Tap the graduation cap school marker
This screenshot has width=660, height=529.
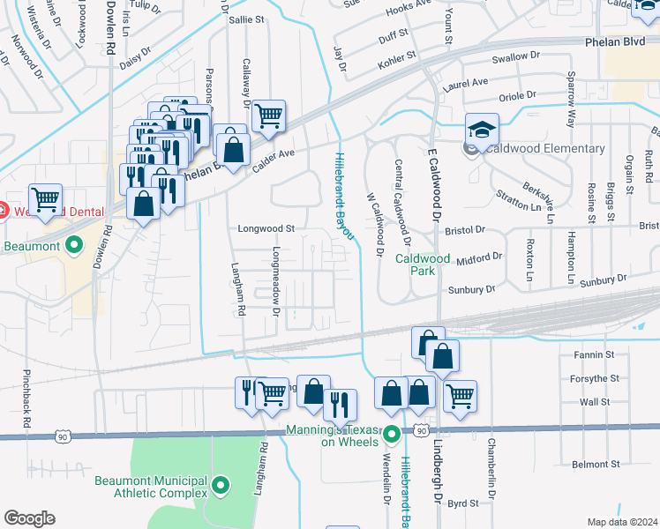[x=483, y=130]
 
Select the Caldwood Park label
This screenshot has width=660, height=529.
[x=423, y=264]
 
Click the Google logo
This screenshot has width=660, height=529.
[x=29, y=518]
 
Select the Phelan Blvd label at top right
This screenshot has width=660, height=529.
[x=616, y=41]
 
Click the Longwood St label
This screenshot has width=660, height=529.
[x=266, y=228]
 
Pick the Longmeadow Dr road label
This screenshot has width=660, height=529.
[x=276, y=279]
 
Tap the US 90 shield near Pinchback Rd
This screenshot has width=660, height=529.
[x=61, y=436]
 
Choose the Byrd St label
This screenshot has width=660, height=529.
[x=462, y=503]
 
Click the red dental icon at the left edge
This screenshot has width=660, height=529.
[x=3, y=211]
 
